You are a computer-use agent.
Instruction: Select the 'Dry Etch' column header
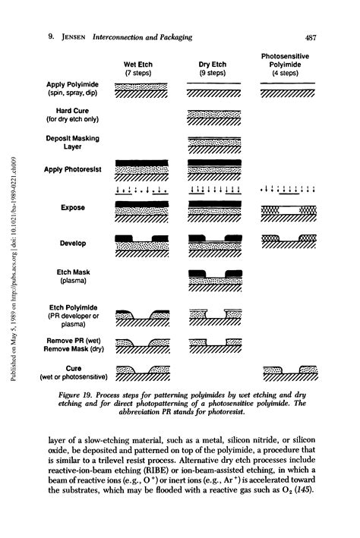coord(214,64)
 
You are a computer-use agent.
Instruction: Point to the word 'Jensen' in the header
coord(68,38)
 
